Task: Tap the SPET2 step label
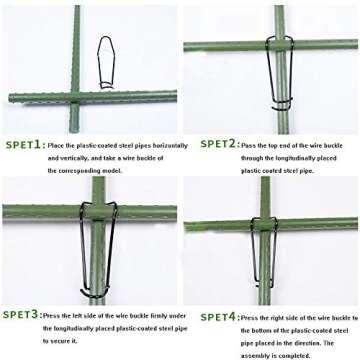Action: pyautogui.click(x=218, y=144)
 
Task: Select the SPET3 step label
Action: pyautogui.click(x=21, y=314)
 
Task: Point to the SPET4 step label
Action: pyautogui.click(x=217, y=316)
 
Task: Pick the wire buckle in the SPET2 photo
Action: pyautogui.click(x=280, y=73)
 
